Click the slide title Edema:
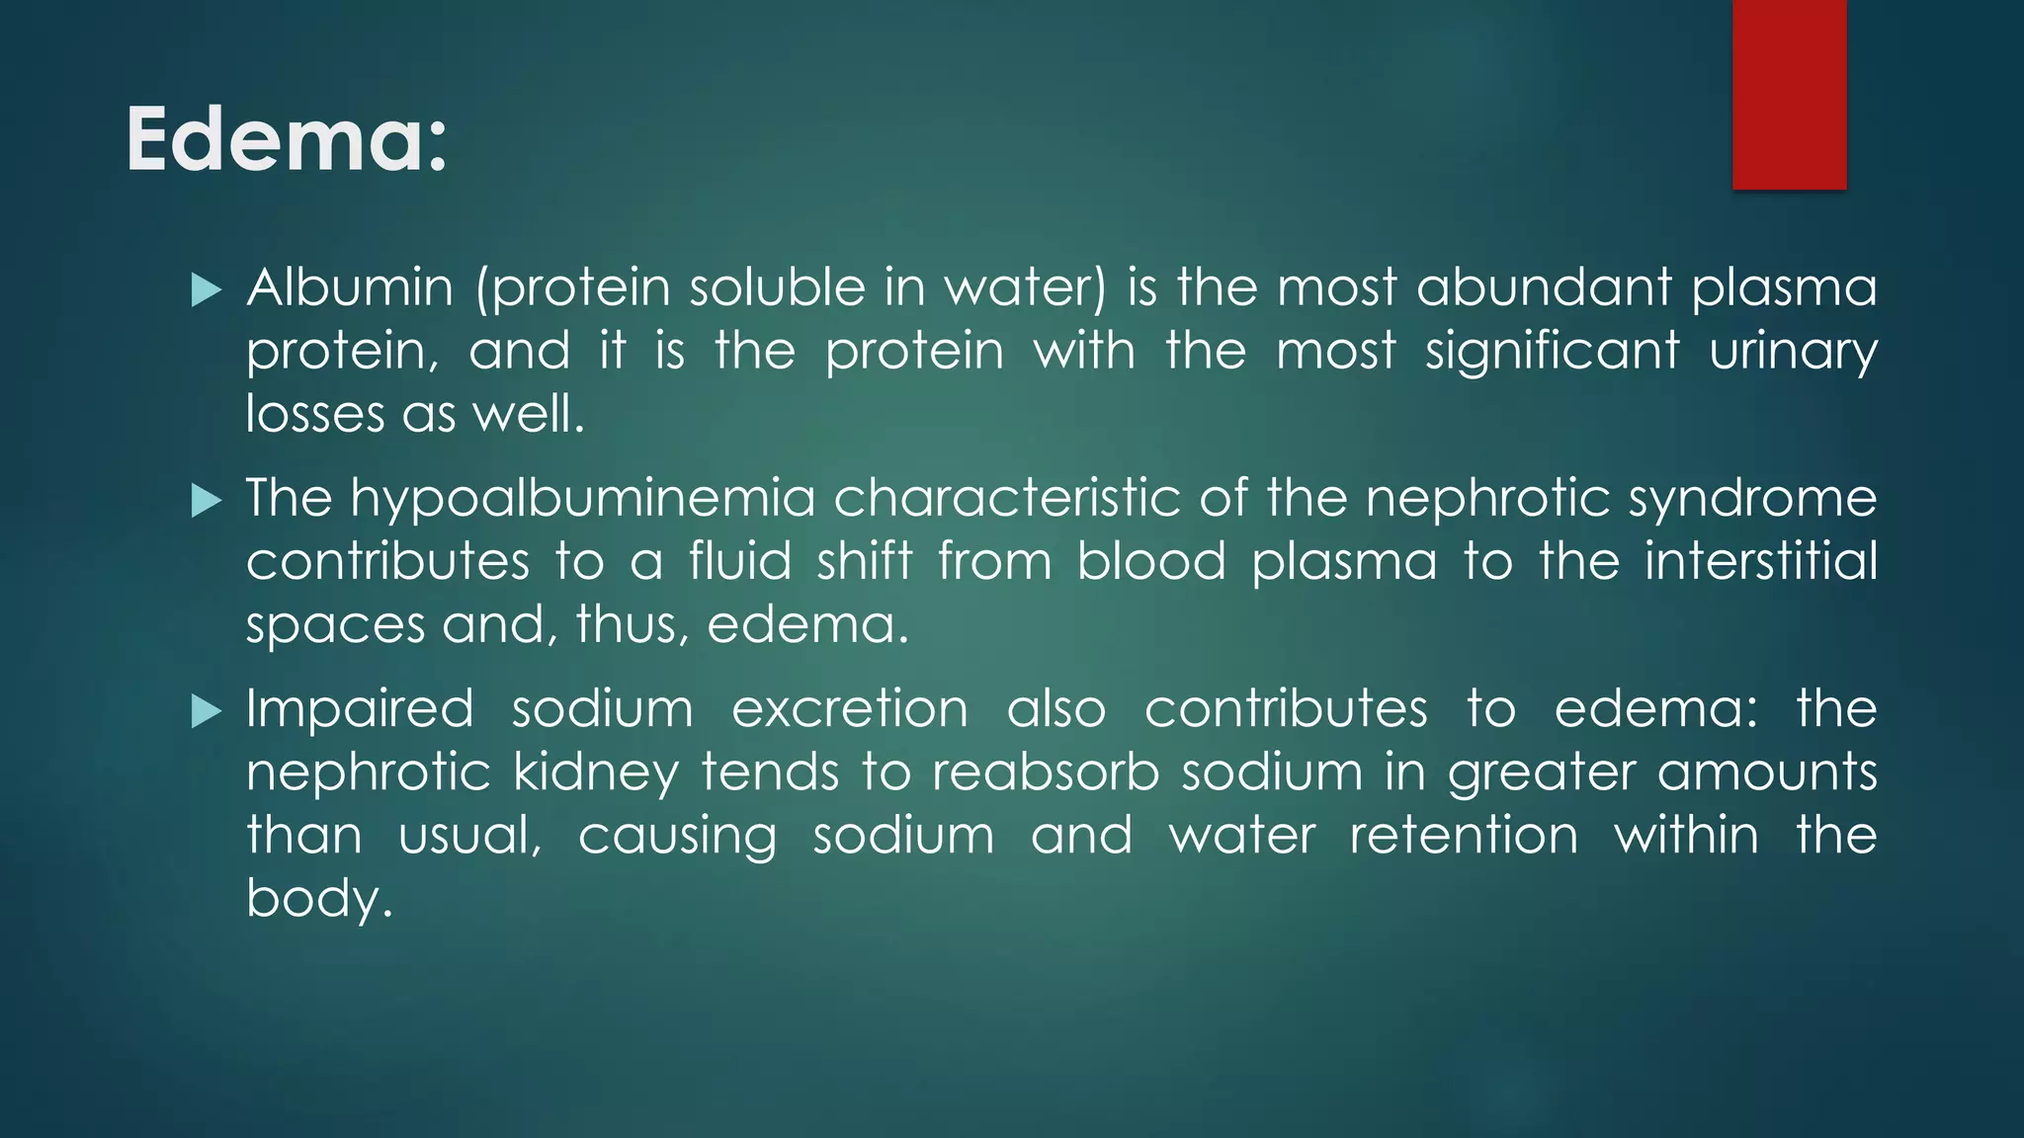(287, 140)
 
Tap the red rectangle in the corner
(1789, 94)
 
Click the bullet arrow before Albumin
(206, 290)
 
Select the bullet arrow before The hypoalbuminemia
(206, 501)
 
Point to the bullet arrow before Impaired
(206, 711)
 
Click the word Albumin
(350, 288)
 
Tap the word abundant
(1543, 288)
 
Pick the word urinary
(1793, 353)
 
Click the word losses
(314, 415)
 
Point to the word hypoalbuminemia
(582, 500)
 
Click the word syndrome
(1752, 500)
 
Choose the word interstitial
(1760, 561)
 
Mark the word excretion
(850, 709)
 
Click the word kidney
(595, 773)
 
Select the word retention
(1464, 836)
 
